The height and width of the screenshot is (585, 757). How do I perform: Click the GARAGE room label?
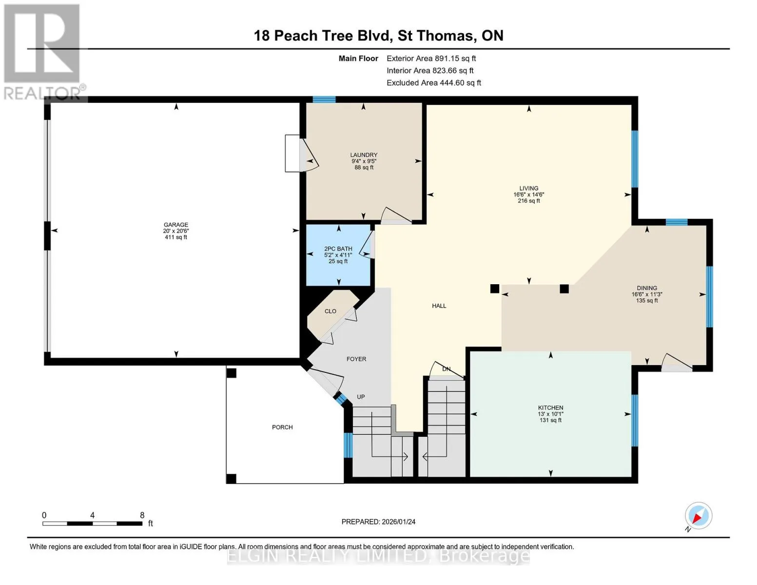[176, 225]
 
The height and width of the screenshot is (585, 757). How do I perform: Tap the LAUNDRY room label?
[364, 155]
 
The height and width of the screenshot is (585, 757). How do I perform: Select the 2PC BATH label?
[338, 249]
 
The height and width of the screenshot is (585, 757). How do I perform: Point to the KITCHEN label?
[550, 408]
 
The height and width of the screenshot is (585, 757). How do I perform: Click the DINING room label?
[647, 288]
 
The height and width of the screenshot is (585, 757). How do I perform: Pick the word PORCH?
[282, 427]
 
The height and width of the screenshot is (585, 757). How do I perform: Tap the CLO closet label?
[330, 311]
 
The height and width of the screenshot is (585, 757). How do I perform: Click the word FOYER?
[356, 359]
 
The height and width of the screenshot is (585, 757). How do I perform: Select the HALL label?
[439, 306]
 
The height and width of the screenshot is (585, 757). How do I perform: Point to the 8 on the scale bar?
[142, 515]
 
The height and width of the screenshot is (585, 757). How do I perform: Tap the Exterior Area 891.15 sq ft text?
[431, 58]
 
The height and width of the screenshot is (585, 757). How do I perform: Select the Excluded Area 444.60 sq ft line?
[434, 83]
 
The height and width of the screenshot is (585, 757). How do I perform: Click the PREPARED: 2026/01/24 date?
[378, 522]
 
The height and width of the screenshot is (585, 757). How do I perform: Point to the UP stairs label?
[361, 397]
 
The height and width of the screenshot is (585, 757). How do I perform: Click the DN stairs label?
[446, 369]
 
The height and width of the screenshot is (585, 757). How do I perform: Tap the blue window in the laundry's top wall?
[324, 99]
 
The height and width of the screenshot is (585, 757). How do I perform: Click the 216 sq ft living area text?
[528, 201]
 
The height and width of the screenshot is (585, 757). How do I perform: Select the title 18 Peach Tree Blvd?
[323, 36]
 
